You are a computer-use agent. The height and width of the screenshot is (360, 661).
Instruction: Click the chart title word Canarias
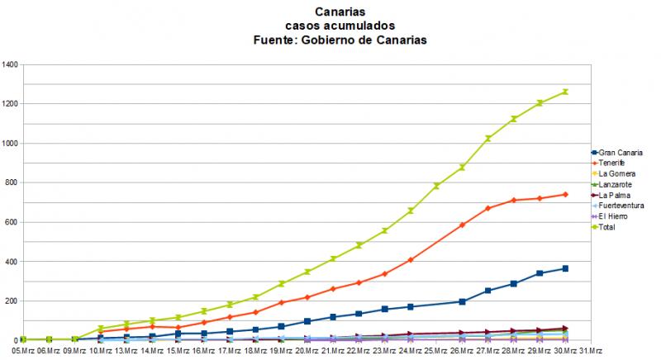point(335,12)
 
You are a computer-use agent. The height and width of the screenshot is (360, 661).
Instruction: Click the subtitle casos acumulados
point(335,26)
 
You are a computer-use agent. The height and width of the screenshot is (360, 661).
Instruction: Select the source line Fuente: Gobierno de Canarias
point(335,41)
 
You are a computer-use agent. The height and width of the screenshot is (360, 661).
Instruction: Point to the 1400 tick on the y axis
point(10,64)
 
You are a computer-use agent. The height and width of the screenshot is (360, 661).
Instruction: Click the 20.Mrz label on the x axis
point(307,351)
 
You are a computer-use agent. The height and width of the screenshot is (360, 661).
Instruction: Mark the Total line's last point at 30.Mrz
point(565,92)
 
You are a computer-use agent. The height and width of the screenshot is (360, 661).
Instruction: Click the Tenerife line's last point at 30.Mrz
point(565,194)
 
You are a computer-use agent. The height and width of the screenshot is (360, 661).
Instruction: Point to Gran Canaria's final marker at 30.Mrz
point(565,268)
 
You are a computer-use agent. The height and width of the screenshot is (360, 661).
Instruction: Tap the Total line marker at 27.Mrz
point(488,139)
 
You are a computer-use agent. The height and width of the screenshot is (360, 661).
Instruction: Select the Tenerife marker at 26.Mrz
point(463,225)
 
